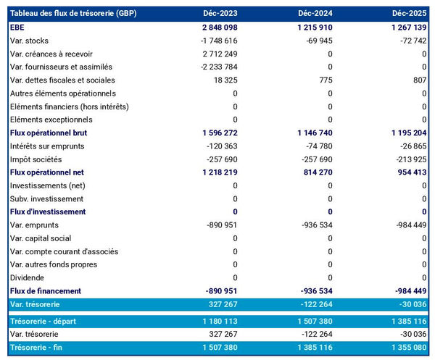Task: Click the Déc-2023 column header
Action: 220,14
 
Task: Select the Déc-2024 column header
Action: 315,14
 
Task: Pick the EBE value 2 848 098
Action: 216,28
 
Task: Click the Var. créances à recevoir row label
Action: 51,54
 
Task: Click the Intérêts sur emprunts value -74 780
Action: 318,146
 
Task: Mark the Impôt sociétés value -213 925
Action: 410,159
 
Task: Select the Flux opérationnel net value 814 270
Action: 315,172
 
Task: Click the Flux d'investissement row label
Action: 48,212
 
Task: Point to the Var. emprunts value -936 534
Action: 315,225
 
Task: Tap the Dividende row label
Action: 28,277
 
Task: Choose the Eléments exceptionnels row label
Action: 51,120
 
